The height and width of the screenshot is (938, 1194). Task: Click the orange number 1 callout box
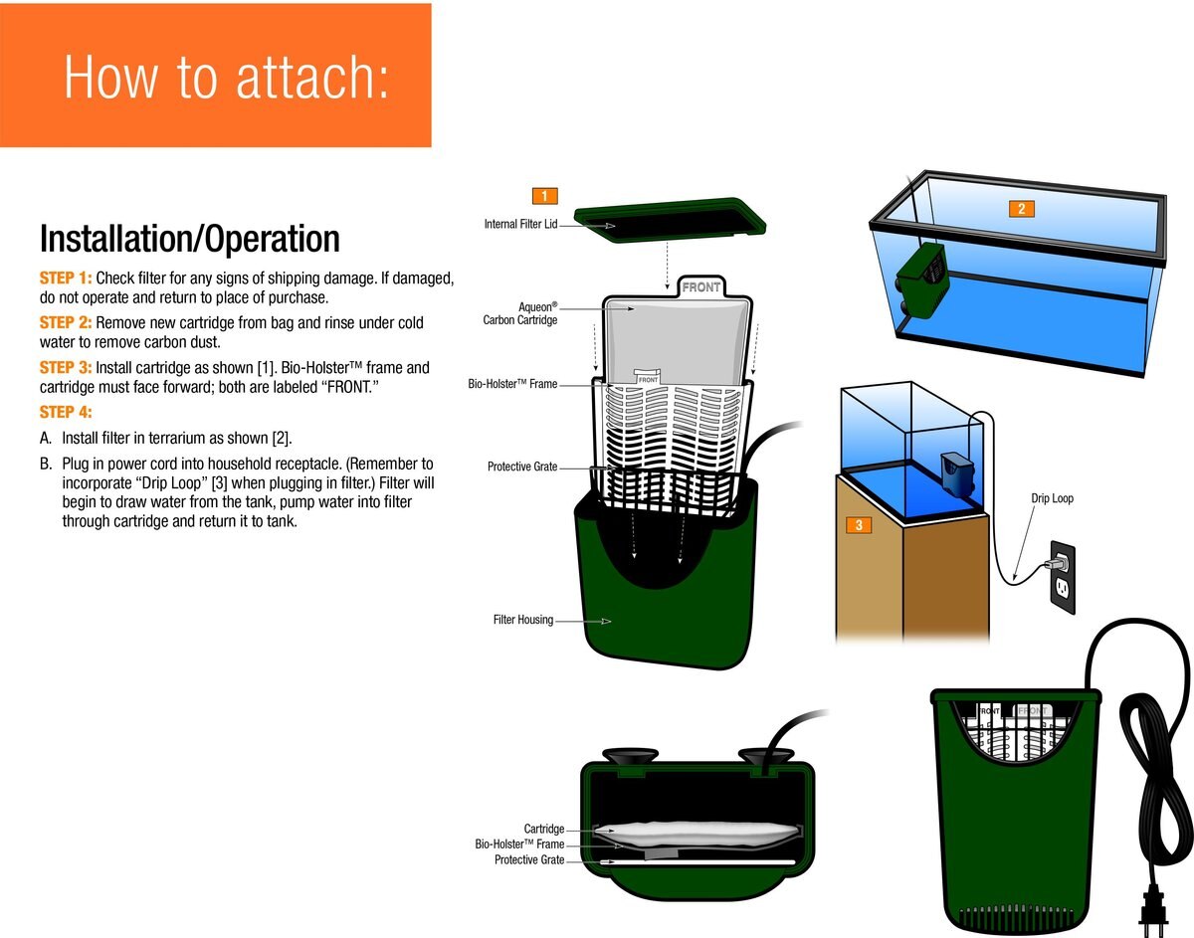[x=545, y=195]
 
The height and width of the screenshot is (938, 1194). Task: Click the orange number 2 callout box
[x=1021, y=208]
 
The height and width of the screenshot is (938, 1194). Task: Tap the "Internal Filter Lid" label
[x=520, y=225]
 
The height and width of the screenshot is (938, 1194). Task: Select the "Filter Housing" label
[x=522, y=620]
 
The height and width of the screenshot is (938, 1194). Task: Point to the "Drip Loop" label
[x=1053, y=498]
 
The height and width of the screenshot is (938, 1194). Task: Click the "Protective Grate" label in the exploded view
[x=522, y=467]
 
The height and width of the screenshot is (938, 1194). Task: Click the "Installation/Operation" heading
[x=189, y=240]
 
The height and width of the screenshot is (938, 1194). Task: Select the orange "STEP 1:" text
[x=65, y=278]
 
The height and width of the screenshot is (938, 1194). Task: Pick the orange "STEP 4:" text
[x=65, y=412]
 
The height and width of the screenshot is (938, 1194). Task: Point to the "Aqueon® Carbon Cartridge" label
[x=520, y=313]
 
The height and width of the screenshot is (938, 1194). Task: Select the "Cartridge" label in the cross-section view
[x=544, y=829]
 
